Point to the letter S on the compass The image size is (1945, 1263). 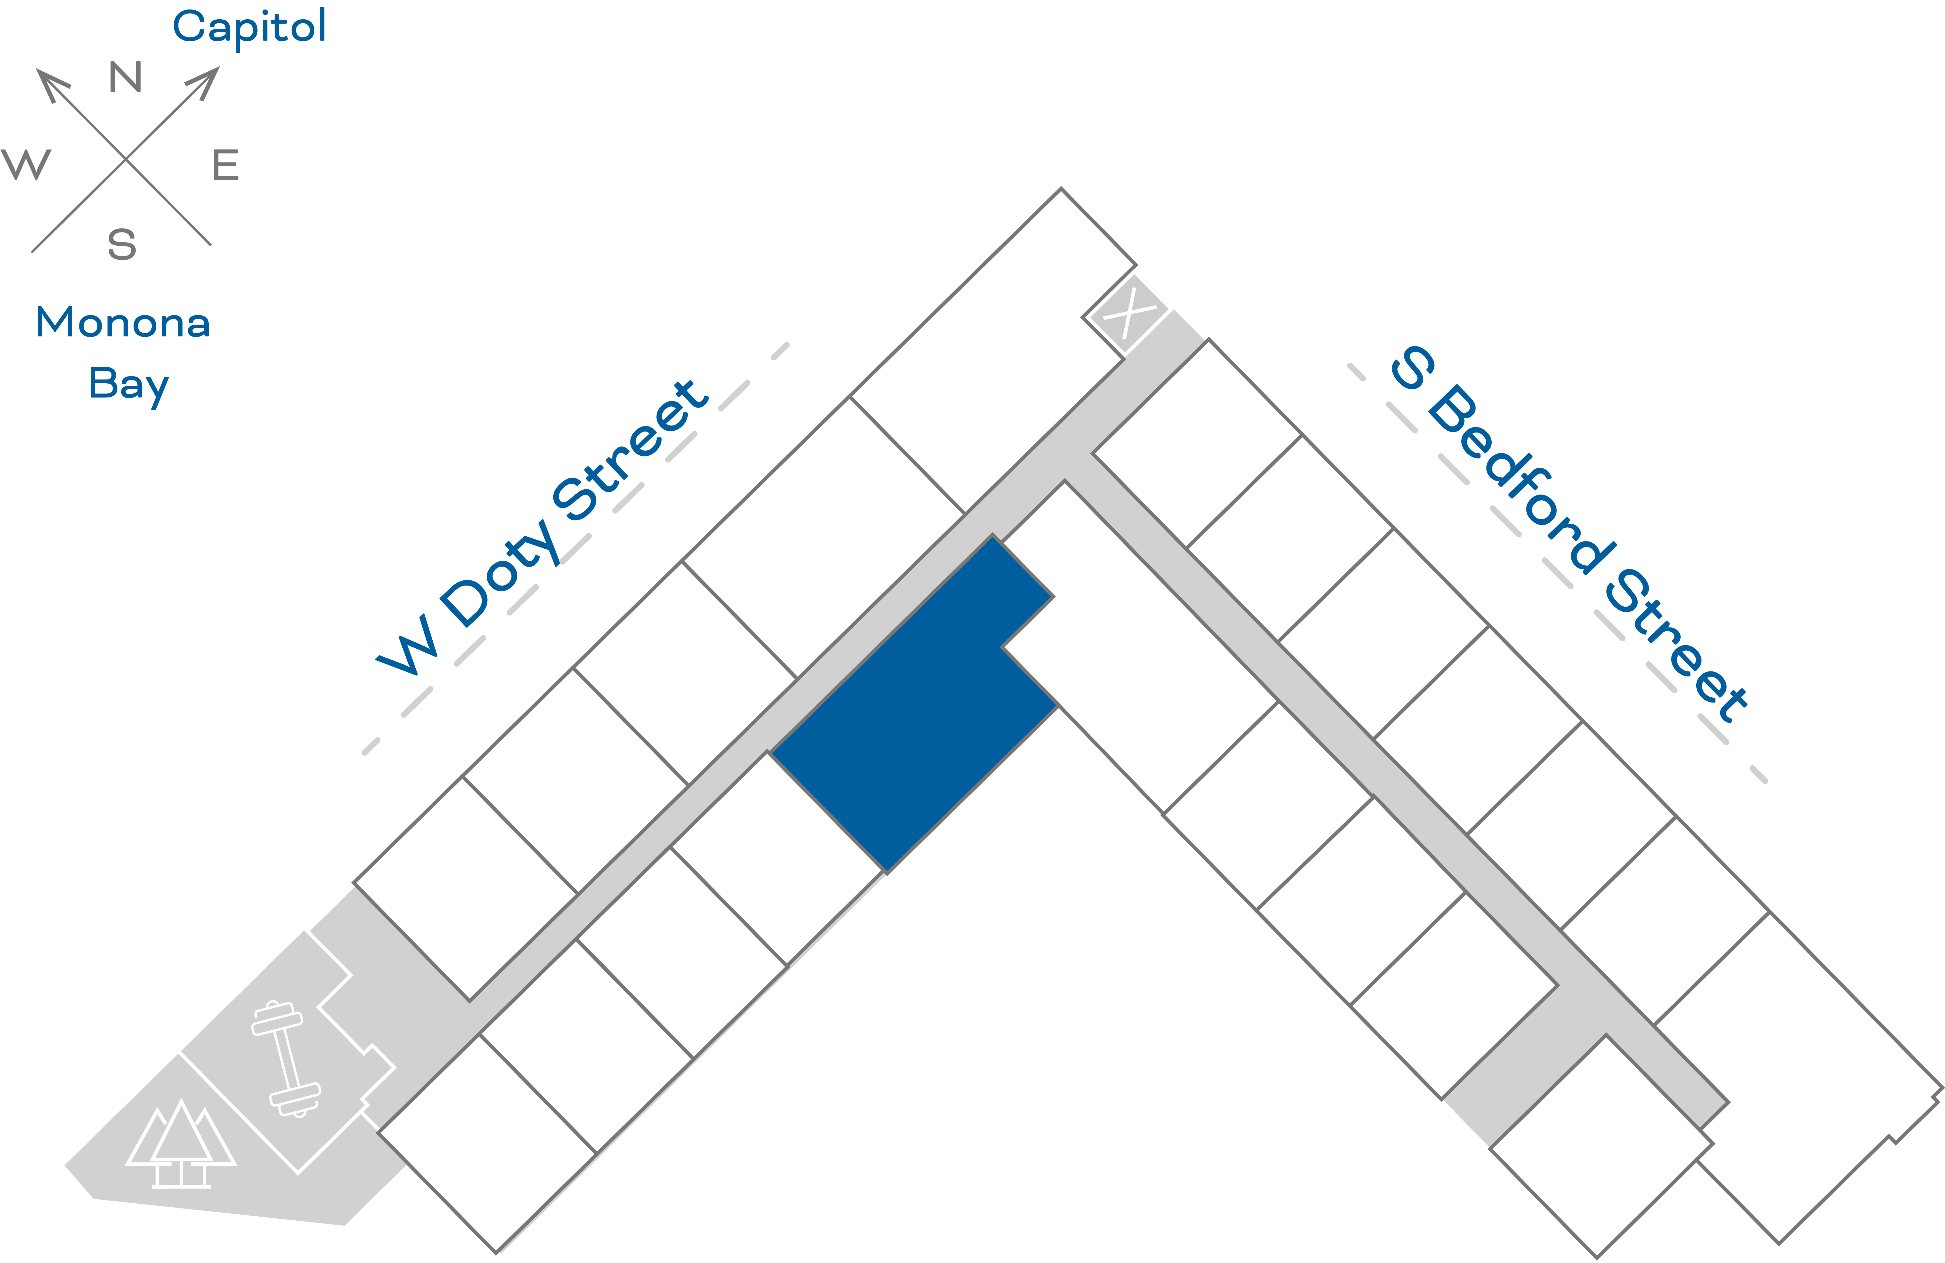point(122,245)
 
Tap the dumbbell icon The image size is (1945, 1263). point(286,1059)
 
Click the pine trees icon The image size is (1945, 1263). point(181,1144)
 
